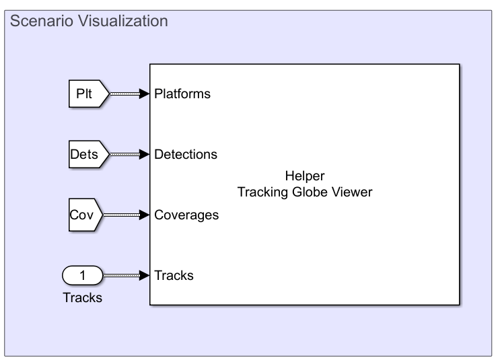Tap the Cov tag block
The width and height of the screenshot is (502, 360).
click(85, 215)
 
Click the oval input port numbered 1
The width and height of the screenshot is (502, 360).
click(82, 275)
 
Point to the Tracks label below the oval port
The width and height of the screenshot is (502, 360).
click(82, 297)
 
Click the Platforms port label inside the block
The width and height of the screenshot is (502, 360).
click(182, 94)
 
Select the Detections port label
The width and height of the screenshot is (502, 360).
click(186, 155)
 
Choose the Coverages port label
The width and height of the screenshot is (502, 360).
click(186, 215)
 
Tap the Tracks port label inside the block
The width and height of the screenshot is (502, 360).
click(174, 275)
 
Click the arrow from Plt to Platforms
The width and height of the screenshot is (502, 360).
click(124, 94)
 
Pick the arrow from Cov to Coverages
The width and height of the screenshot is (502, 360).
click(124, 215)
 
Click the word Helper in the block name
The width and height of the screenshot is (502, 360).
click(305, 176)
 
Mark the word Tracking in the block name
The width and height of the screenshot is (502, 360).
click(261, 192)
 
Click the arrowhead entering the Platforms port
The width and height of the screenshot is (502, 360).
click(145, 94)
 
